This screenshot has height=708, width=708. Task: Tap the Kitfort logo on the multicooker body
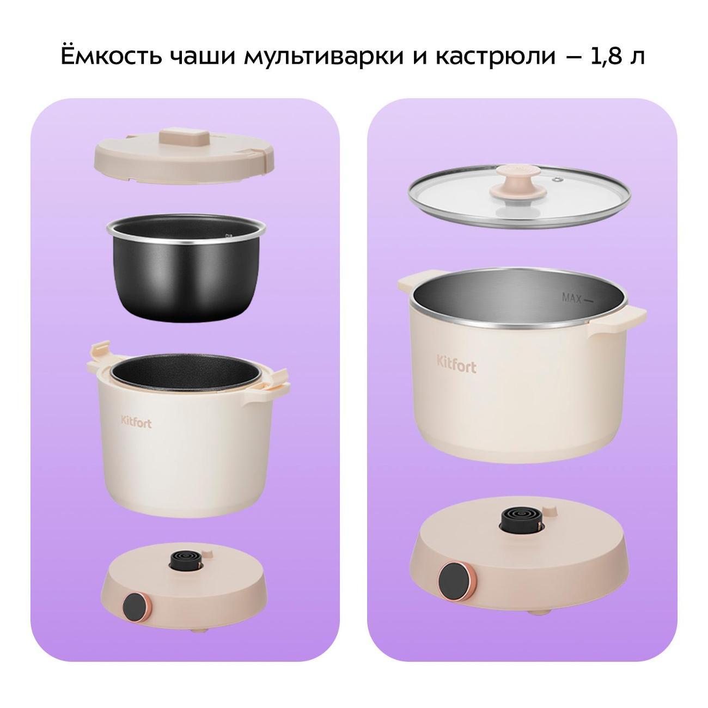pos(136,422)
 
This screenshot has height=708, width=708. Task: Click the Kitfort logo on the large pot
pos(456,363)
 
